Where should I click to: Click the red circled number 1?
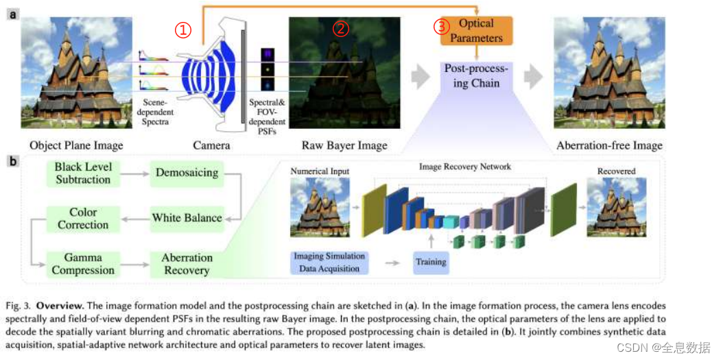tap(182, 30)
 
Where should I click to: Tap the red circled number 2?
tap(341, 29)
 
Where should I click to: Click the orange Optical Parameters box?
tap(476, 31)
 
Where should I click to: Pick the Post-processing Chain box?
tap(476, 76)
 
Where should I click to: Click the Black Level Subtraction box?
tap(83, 173)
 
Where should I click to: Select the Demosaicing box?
tap(186, 173)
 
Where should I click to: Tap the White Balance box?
tap(187, 218)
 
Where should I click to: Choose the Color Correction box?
tap(83, 218)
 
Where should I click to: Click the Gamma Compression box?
tap(83, 263)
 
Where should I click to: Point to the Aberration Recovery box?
tap(187, 263)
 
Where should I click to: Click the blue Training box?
tap(431, 262)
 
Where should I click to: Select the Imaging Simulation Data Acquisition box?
tap(329, 262)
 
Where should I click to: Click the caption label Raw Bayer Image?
tap(344, 145)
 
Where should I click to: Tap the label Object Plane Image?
tap(76, 145)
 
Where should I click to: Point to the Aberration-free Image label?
tap(609, 145)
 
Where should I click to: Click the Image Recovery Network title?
tap(465, 167)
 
